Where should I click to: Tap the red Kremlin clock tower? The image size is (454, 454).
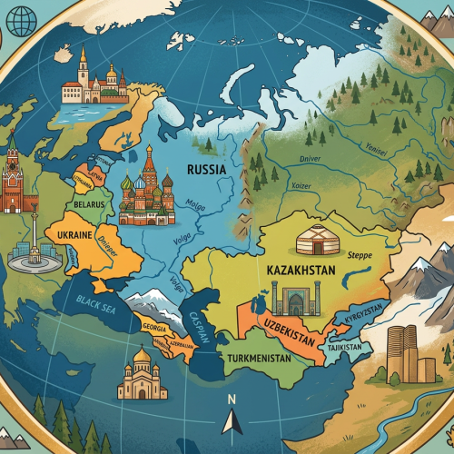[x=14, y=177]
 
